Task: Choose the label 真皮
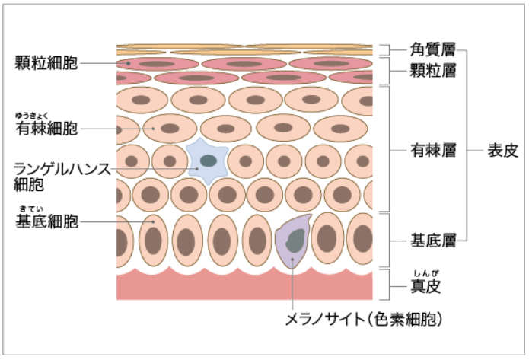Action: (426, 287)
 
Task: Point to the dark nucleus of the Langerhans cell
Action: (207, 161)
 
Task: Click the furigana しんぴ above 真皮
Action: (425, 273)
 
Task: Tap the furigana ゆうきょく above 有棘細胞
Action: (36, 116)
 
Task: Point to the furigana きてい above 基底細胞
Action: (30, 209)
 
